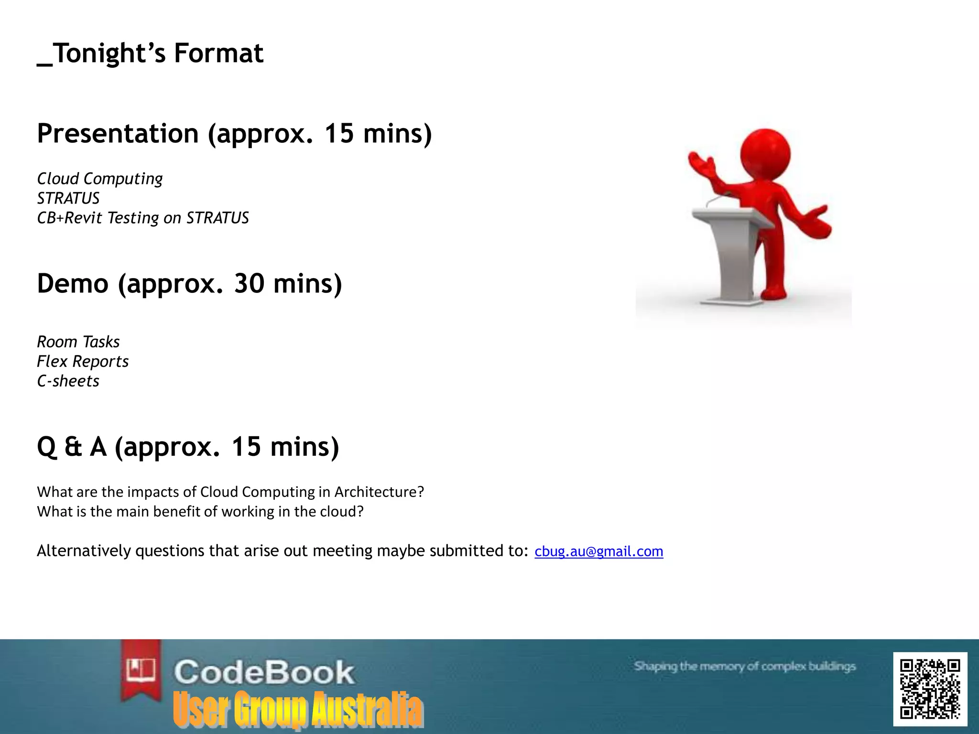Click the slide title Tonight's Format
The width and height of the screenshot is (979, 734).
coord(151,53)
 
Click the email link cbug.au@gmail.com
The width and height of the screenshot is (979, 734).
coord(598,551)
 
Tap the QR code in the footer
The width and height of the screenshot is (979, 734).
coord(930,689)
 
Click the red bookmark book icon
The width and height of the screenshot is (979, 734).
coord(141,669)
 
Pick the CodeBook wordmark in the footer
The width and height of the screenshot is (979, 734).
coord(264,672)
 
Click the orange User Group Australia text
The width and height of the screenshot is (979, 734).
coord(298,709)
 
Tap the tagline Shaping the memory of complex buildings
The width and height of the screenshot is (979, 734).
coord(745,666)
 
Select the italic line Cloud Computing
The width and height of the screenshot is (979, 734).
coord(100,179)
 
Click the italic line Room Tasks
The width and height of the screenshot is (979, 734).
coord(78,342)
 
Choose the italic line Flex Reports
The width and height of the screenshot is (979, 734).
coord(83,362)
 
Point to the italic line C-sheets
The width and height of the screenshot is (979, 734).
coord(68,381)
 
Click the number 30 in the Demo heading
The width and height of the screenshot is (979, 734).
coord(249,283)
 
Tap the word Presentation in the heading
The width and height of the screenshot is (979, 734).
coord(118,133)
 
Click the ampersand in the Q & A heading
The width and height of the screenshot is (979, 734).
coord(73,447)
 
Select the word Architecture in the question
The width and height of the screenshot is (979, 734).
coord(379,492)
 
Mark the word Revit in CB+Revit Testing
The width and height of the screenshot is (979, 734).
coord(83,218)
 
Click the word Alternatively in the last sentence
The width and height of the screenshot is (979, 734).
coord(84,551)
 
